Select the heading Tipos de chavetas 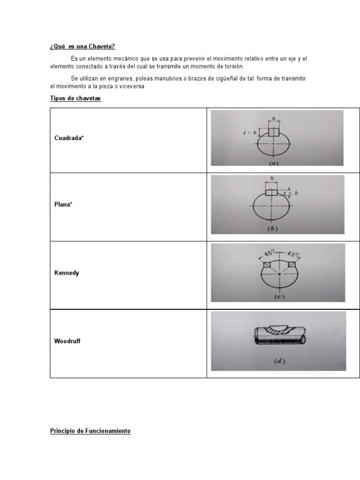click(75, 99)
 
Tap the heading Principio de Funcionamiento click(90, 430)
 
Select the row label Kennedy click(67, 273)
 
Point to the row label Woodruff click(68, 341)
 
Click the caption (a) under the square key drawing click(274, 163)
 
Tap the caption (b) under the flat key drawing click(273, 229)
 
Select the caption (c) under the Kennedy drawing click(278, 296)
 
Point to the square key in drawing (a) click(274, 132)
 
